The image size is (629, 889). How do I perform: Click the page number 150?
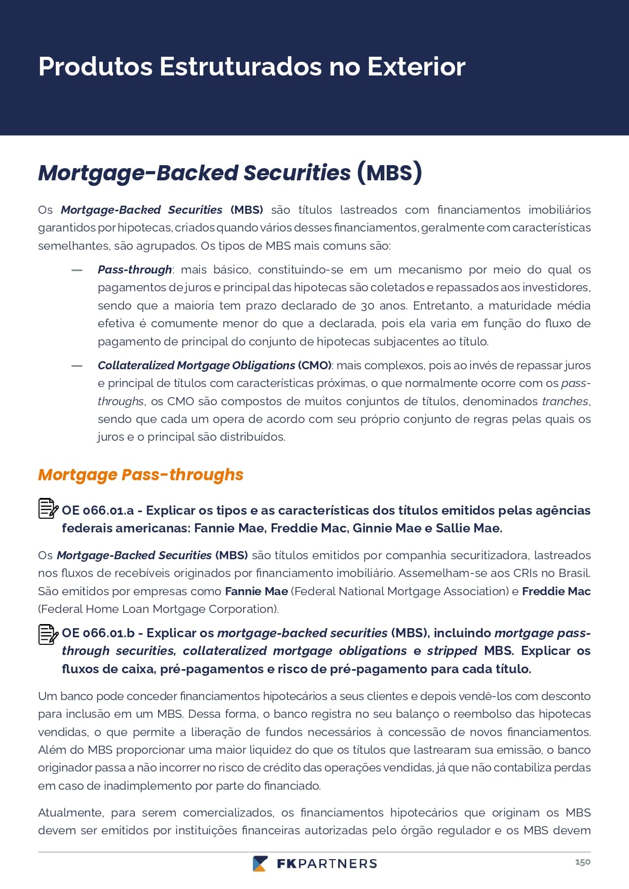[582, 862]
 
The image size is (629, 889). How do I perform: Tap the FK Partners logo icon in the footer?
[260, 864]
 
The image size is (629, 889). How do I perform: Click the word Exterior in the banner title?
[416, 66]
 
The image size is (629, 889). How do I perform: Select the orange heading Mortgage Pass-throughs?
[140, 475]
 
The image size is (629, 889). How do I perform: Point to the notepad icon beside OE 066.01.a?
[48, 509]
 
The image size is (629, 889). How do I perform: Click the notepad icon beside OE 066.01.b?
[48, 634]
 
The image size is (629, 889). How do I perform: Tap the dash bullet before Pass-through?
[77, 270]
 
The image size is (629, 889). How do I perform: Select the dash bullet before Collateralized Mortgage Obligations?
[77, 366]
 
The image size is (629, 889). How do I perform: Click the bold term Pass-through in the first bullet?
[135, 269]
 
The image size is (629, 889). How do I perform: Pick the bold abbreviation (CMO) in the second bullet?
[315, 365]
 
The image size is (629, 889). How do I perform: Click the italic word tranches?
[565, 401]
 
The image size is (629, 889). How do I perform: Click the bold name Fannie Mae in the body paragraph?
[256, 591]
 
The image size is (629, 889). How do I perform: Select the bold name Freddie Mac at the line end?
[556, 591]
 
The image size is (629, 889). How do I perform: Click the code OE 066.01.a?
[98, 511]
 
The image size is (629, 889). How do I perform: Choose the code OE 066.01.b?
[98, 633]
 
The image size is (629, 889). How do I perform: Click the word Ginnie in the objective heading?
[372, 528]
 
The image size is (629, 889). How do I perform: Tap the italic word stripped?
[452, 651]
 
